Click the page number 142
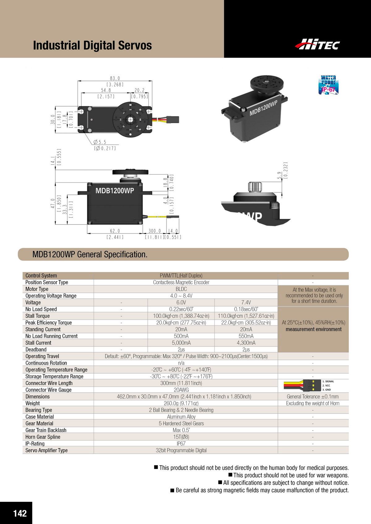pyautogui.click(x=20, y=513)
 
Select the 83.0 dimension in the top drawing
pyautogui.click(x=115, y=78)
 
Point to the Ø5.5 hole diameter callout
pyautogui.click(x=100, y=142)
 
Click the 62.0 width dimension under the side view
pyautogui.click(x=115, y=231)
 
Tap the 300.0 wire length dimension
pyautogui.click(x=155, y=231)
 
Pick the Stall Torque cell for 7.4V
pyautogui.click(x=246, y=316)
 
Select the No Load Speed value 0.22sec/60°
pyautogui.click(x=181, y=309)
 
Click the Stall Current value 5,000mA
pyautogui.click(x=181, y=343)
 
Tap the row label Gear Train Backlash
pyautogui.click(x=46, y=430)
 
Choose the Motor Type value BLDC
pyautogui.click(x=181, y=289)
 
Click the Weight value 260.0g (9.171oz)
pyautogui.click(x=181, y=403)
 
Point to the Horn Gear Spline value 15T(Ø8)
pyautogui.click(x=181, y=437)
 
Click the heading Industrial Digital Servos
pyautogui.click(x=92, y=45)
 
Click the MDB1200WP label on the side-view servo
pyautogui.click(x=115, y=191)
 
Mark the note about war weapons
pyautogui.click(x=291, y=475)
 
